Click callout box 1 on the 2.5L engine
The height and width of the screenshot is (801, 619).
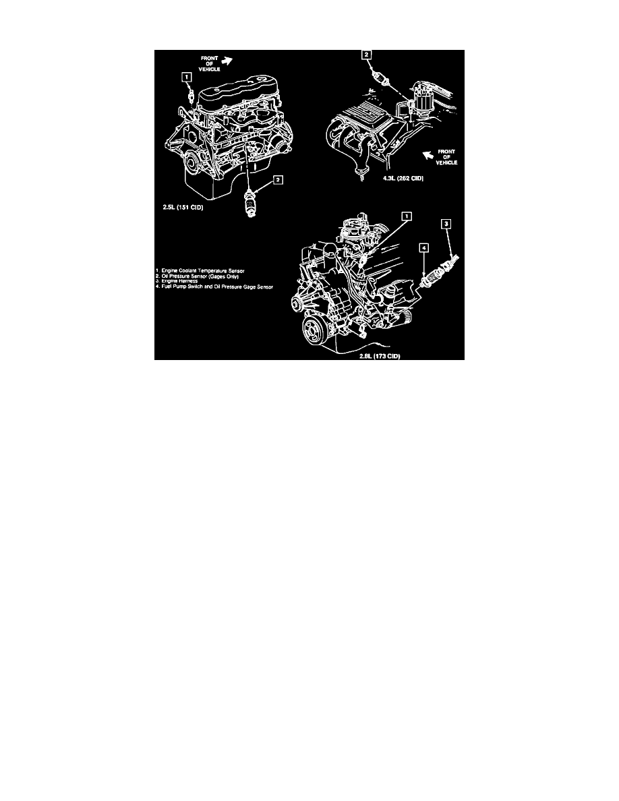[x=187, y=78]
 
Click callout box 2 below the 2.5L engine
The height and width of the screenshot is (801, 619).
[x=276, y=180]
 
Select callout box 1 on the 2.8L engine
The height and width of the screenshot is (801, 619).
[x=405, y=216]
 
